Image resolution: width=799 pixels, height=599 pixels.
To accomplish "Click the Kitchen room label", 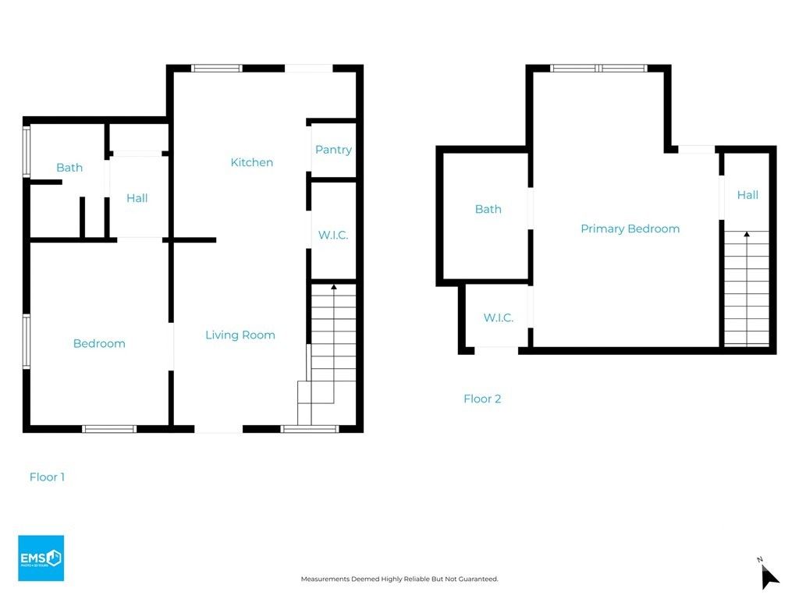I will click(x=251, y=162).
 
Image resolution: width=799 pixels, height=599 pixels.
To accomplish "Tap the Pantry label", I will click(x=333, y=150).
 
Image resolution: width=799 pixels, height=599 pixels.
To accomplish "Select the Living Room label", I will click(x=240, y=335).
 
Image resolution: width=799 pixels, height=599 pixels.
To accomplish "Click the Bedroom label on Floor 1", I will click(x=99, y=344).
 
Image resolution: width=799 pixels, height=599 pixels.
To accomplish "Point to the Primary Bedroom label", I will click(x=630, y=229).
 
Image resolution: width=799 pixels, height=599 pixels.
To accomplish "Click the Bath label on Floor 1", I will click(x=69, y=168).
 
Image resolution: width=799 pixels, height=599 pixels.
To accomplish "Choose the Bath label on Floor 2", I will click(x=488, y=209).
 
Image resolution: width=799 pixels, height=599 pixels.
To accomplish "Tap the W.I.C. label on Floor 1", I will click(x=333, y=235).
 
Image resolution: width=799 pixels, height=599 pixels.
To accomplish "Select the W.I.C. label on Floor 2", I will click(x=498, y=317).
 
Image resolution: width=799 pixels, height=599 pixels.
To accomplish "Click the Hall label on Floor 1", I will click(x=137, y=198).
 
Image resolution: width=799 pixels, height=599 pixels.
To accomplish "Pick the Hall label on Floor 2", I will click(x=747, y=195).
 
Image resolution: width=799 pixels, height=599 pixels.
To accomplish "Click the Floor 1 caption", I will click(x=47, y=477).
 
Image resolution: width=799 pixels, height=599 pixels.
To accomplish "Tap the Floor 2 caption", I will click(x=481, y=399).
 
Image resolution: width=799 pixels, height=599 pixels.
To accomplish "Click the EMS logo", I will click(x=41, y=558).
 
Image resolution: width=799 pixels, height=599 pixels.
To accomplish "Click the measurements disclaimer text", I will click(x=399, y=579).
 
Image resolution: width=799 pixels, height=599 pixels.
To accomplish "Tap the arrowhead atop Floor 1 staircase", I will click(x=334, y=287).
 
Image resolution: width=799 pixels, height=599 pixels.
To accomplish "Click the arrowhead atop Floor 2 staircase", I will click(x=747, y=233).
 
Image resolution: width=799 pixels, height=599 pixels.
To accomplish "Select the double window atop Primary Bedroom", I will click(x=598, y=69).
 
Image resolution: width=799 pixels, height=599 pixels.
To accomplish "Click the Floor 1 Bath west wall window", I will click(x=27, y=152).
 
